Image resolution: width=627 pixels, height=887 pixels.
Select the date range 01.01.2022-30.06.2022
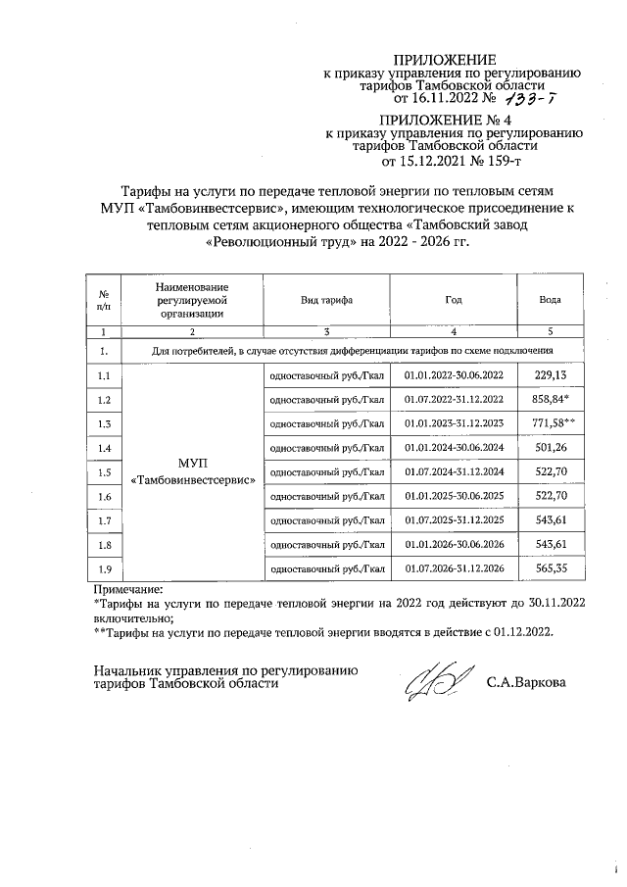tap(453, 375)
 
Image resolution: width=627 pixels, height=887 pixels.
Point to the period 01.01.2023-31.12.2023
tap(453, 423)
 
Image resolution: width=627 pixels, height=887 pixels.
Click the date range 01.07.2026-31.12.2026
tap(453, 567)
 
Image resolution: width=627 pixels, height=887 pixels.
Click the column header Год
tap(453, 299)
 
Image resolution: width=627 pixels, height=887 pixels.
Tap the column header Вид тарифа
tap(327, 299)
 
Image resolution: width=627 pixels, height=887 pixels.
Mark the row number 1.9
tap(104, 567)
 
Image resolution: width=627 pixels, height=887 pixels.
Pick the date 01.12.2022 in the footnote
tap(520, 632)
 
